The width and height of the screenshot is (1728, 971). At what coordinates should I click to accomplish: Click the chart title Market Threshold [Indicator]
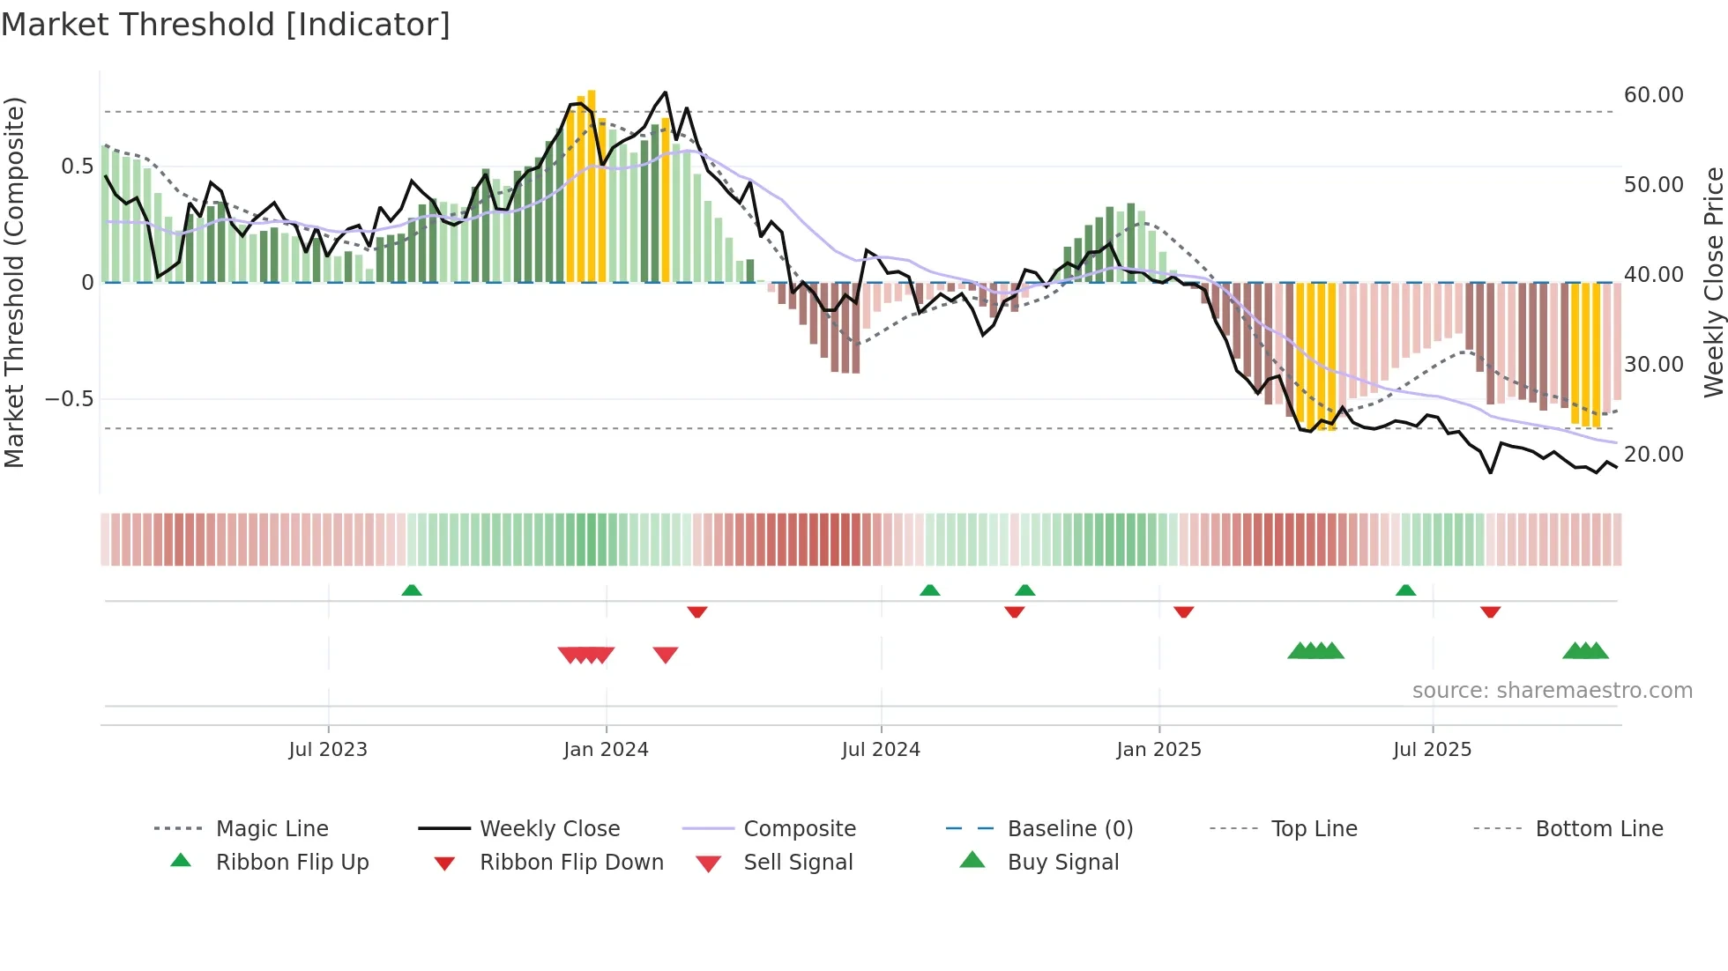point(226,25)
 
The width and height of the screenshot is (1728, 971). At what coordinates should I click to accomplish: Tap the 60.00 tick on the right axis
point(1653,95)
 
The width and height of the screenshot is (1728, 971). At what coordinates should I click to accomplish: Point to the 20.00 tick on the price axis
point(1653,455)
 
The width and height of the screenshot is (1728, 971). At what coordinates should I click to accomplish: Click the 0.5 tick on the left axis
point(77,167)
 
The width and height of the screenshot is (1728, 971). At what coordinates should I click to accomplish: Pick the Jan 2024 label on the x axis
point(606,750)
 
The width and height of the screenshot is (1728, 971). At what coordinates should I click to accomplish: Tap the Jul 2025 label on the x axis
point(1432,750)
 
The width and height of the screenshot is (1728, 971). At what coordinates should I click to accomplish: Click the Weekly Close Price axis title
point(1713,282)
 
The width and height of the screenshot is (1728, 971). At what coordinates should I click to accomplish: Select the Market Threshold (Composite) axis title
point(14,282)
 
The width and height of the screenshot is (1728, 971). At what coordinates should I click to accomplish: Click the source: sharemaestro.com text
point(1552,691)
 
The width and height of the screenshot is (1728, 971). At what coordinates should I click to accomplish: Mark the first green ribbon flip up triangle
point(412,590)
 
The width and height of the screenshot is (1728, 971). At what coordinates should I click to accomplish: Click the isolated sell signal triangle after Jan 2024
point(666,655)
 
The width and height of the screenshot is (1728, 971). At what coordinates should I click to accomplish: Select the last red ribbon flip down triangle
point(1490,612)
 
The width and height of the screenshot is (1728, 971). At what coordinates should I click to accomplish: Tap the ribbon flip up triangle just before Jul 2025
point(1405,590)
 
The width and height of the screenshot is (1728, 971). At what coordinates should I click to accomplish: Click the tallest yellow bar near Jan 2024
point(592,185)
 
